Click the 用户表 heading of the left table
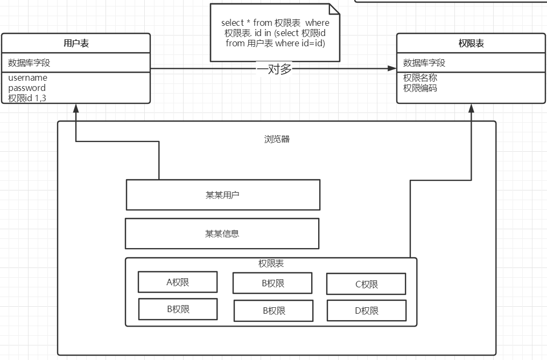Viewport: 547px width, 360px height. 76,44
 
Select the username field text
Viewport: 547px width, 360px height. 27,78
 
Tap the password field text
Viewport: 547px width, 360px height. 27,88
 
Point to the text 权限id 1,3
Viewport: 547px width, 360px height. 31,97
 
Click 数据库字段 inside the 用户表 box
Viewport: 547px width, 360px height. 29,63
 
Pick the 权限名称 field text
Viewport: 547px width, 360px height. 420,78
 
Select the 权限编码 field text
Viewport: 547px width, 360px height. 420,88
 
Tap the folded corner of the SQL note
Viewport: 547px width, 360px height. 334,9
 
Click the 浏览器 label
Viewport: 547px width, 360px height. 277,139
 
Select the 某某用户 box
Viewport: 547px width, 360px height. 223,195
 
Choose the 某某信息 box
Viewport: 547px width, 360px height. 222,234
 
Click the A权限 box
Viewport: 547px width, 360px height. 178,282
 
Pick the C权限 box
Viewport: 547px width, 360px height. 366,284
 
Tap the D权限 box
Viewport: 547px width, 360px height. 366,310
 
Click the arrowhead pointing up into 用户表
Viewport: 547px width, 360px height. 76,108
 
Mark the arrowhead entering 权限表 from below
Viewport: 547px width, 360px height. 472,108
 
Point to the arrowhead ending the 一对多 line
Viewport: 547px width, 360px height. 391,68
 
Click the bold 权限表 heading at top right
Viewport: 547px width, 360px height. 471,44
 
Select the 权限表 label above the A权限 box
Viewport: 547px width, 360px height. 271,264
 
